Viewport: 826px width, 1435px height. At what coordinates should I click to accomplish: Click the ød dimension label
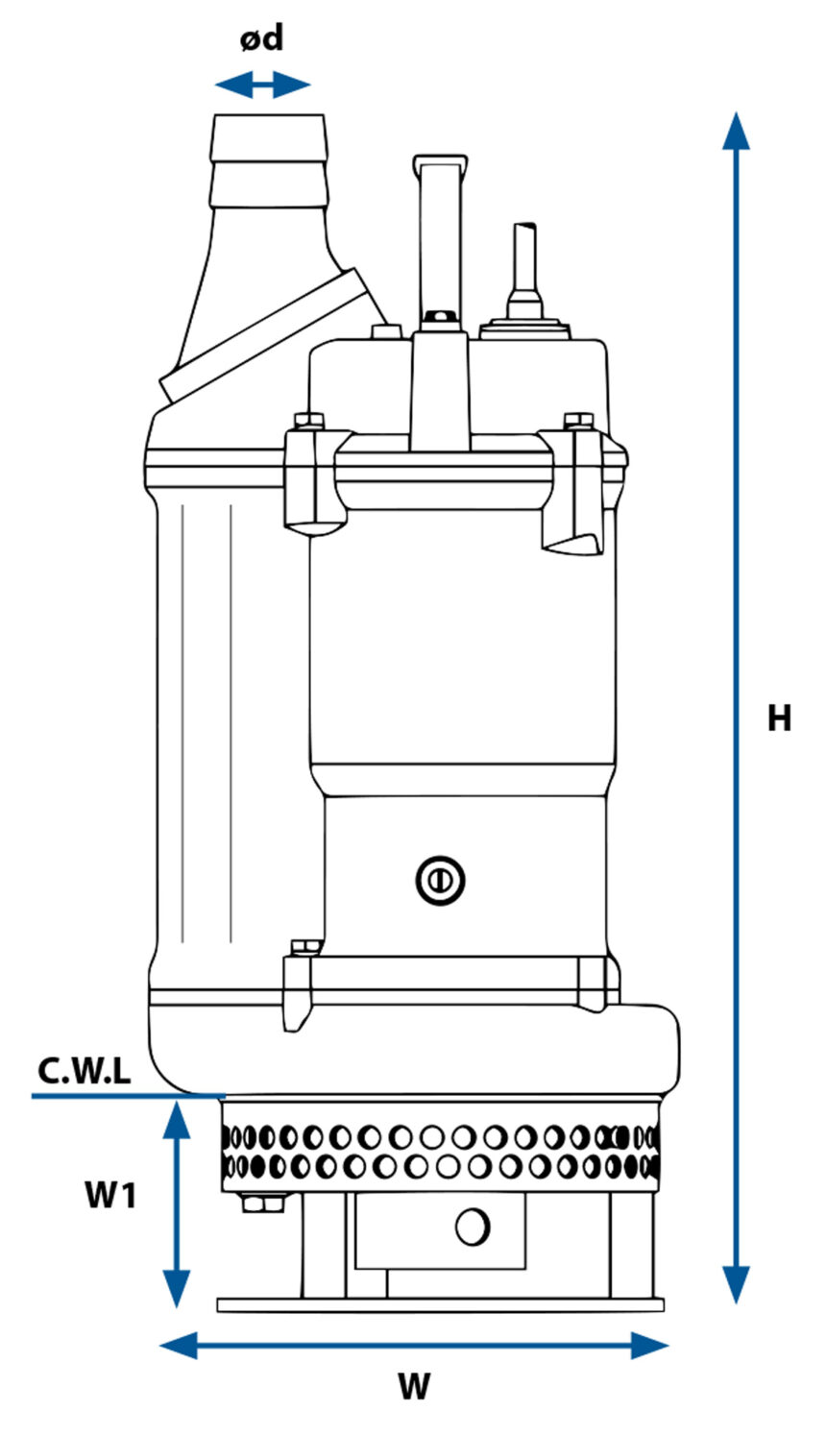pos(261,39)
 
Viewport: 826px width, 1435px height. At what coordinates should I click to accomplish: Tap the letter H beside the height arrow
pos(779,717)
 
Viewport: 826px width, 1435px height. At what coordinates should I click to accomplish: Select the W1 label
pos(111,1196)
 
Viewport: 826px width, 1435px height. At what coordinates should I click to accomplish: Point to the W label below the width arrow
pos(414,1386)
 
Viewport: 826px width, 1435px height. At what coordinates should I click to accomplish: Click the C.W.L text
pos(85,1071)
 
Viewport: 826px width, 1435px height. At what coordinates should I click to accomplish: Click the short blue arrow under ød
pos(261,85)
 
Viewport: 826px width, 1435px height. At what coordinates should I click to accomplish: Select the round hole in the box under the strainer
pos(473,1226)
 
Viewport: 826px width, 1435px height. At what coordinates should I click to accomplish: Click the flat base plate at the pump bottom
pos(440,1304)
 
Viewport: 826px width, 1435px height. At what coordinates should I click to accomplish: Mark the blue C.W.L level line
pos(125,1095)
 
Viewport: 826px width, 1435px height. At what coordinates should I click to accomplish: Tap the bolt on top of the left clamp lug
pos(308,421)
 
